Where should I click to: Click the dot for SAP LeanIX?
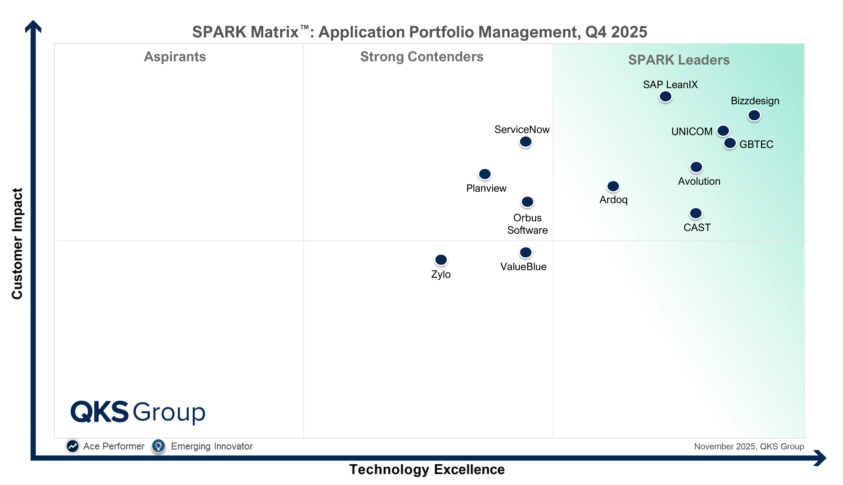click(x=665, y=97)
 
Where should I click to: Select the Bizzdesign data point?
click(x=754, y=115)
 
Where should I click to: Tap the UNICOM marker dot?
click(x=723, y=131)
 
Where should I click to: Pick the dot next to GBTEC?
click(x=730, y=143)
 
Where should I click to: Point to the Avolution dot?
click(x=696, y=167)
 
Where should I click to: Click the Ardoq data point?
click(x=613, y=186)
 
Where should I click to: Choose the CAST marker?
click(x=696, y=213)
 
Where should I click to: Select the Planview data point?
click(x=485, y=174)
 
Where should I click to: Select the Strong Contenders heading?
click(x=422, y=57)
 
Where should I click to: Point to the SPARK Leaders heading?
click(x=679, y=60)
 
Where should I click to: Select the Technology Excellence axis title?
click(x=427, y=469)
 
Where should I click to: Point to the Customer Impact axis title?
click(x=17, y=243)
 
